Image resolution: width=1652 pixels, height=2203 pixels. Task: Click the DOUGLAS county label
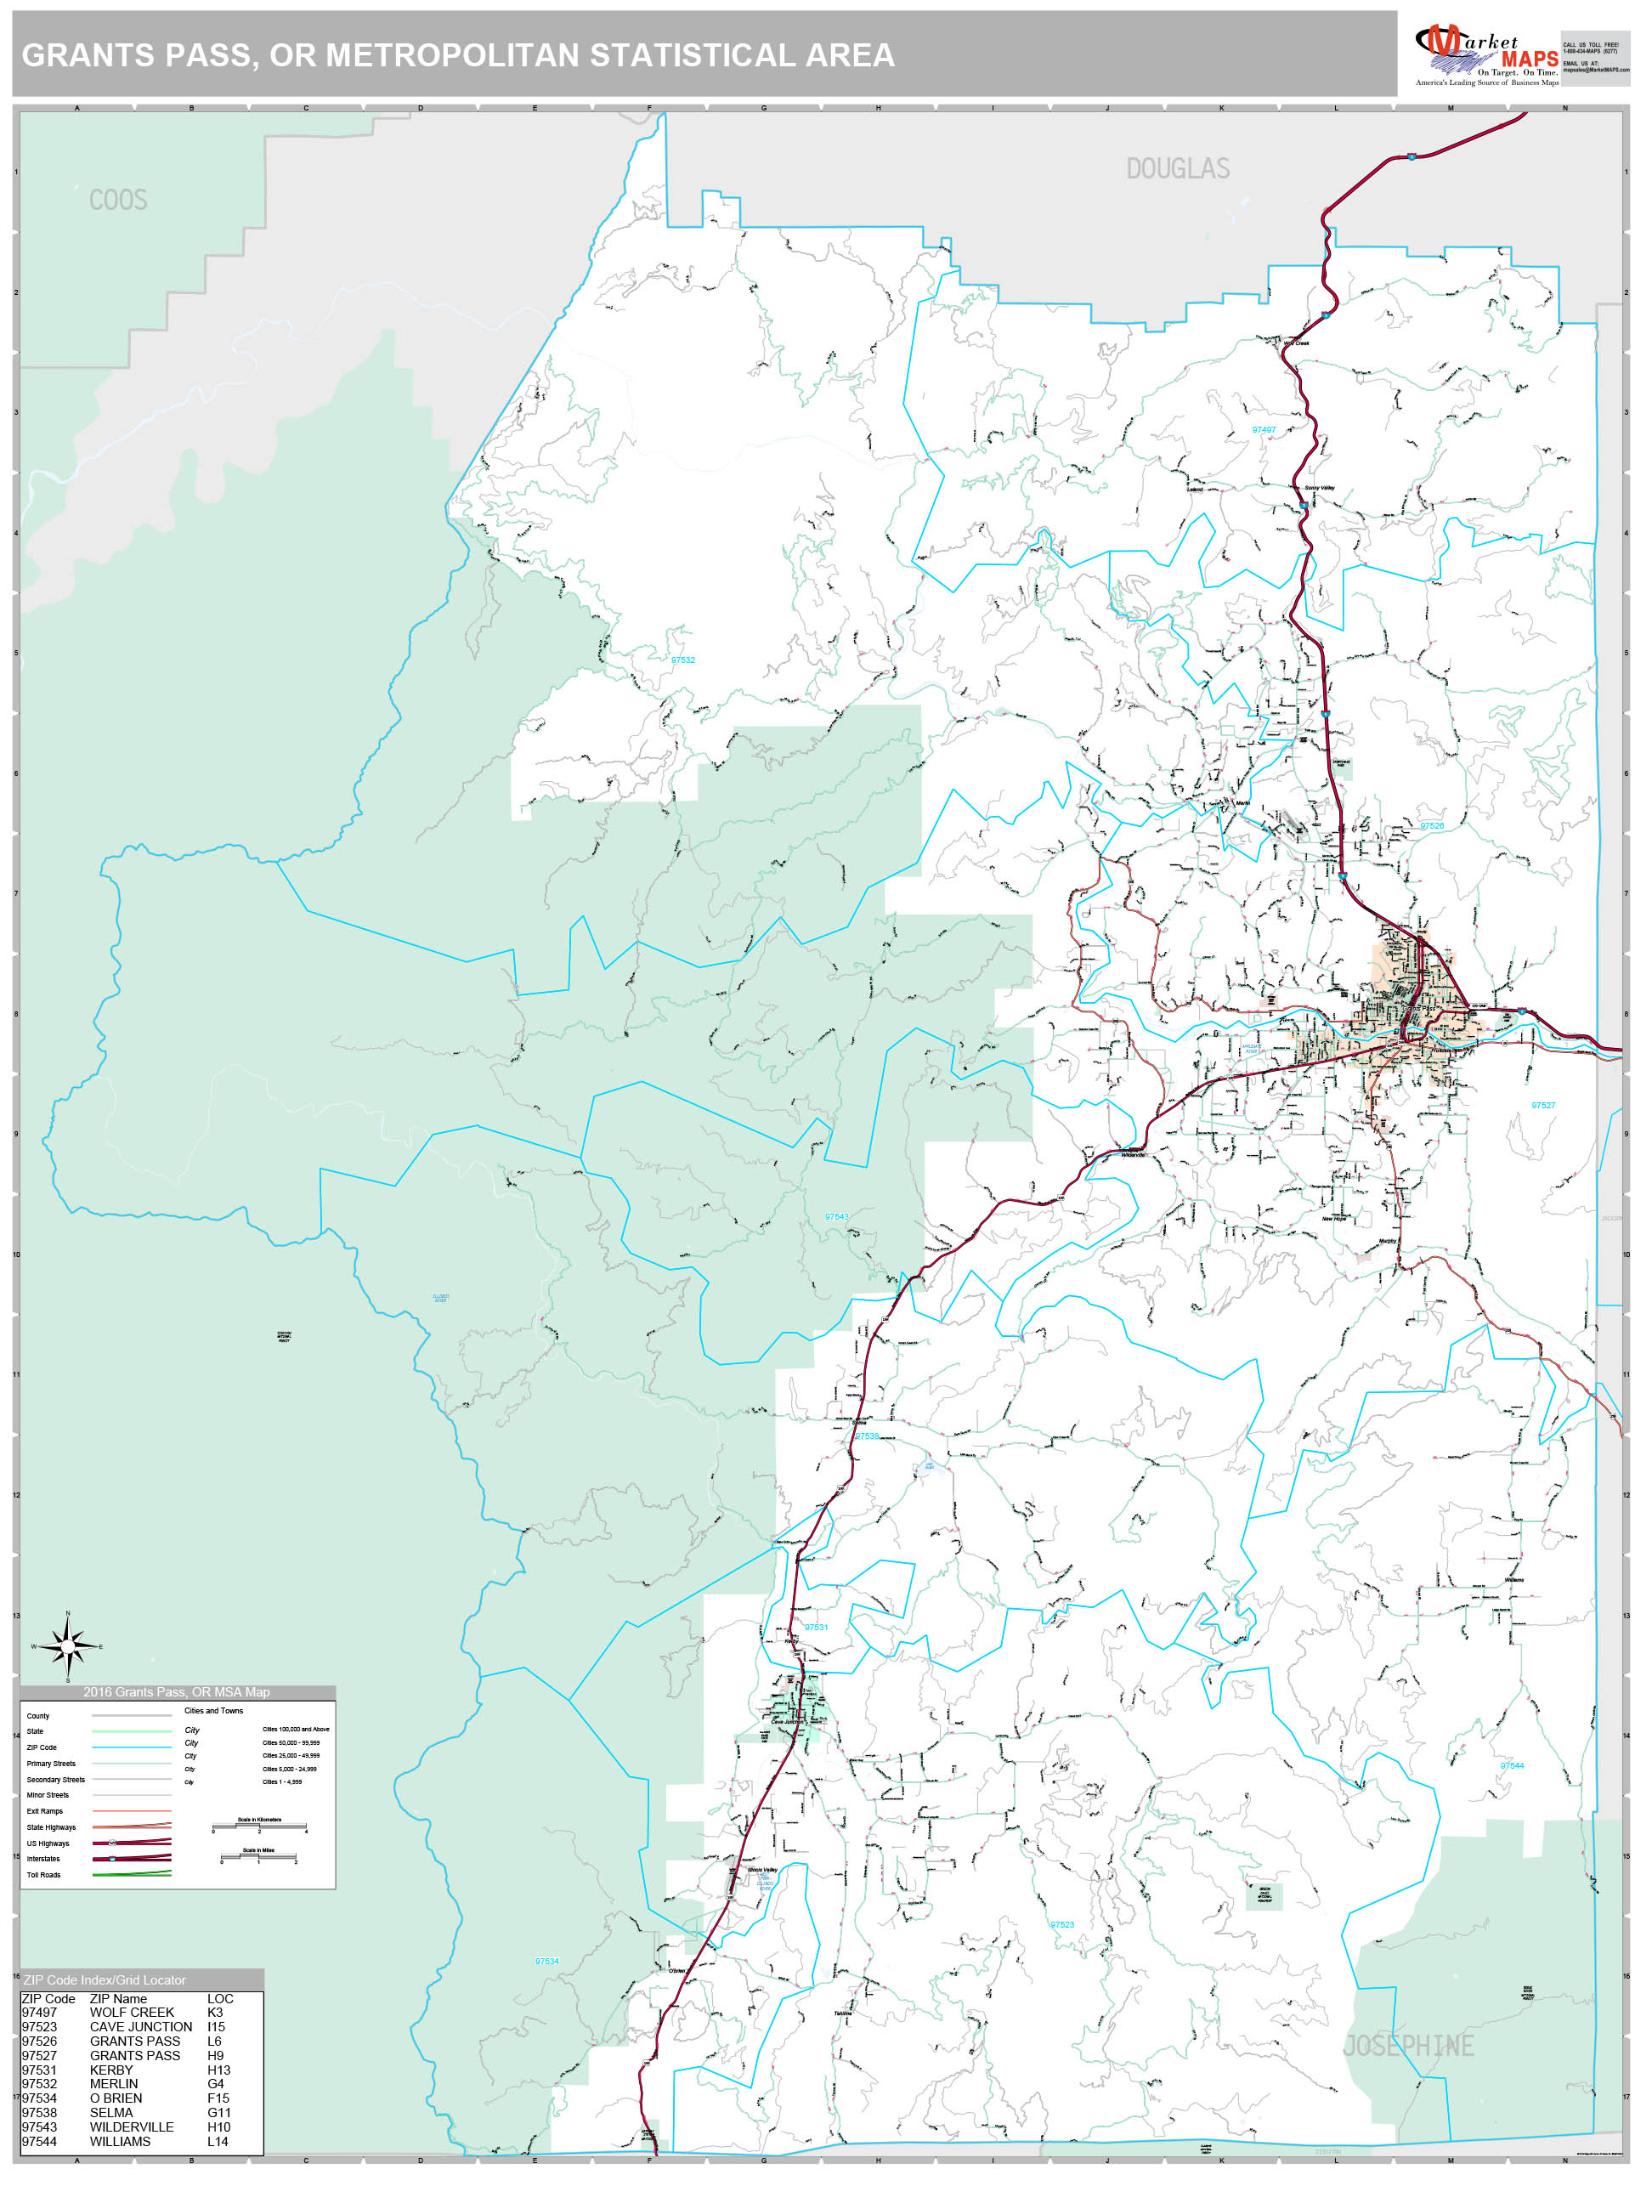pos(1177,169)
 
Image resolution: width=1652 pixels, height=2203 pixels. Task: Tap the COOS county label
pos(118,201)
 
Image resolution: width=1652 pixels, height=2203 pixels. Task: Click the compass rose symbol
pos(68,1646)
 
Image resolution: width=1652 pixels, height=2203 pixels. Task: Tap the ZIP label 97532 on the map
pos(682,660)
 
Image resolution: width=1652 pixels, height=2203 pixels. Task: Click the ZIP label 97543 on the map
pos(835,1217)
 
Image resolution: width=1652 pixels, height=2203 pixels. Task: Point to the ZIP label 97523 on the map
pos(1061,1925)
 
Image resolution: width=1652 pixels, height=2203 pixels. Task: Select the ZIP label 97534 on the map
pos(546,1962)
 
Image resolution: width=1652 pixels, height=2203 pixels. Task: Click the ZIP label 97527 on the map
pos(1542,1106)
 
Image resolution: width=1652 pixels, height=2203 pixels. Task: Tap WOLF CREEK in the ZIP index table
pos(132,2013)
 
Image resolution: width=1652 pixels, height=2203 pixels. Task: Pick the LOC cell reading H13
pos(218,2070)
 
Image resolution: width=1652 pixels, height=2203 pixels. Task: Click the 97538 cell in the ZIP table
pos(40,2112)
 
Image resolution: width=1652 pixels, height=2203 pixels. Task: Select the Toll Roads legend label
pos(44,1875)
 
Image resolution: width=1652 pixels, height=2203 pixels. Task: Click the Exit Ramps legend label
pos(45,1811)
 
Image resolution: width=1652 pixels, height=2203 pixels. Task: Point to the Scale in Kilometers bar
pos(259,1826)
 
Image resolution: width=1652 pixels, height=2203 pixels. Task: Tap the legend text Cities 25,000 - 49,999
pos(291,1756)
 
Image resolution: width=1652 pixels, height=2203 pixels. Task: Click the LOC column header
pos(220,1999)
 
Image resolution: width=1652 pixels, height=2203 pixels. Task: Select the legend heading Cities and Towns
pos(213,1711)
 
